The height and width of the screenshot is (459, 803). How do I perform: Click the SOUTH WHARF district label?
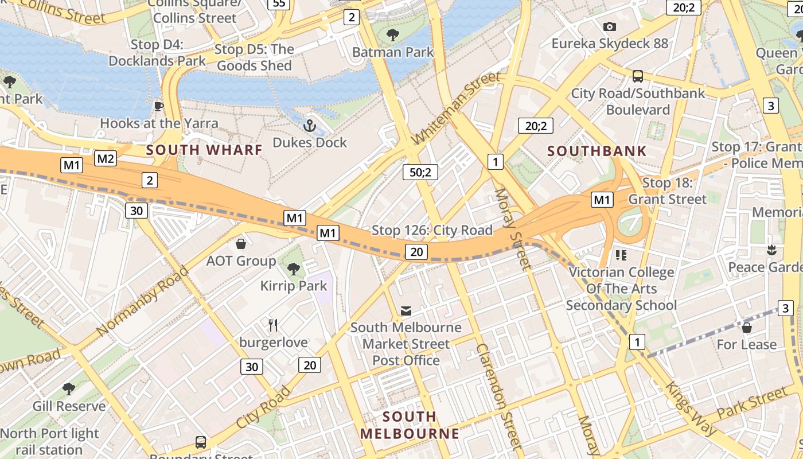[x=204, y=150]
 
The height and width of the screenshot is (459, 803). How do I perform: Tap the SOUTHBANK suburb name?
[x=597, y=151]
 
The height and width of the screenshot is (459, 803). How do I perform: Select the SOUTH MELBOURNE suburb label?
[x=410, y=425]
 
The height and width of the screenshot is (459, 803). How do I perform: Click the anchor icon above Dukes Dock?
[x=310, y=125]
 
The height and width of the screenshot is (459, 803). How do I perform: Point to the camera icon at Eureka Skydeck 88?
[x=609, y=26]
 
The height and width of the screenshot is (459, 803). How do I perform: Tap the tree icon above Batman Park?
[x=393, y=35]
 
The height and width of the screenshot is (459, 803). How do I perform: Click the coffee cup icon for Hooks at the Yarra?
[x=159, y=106]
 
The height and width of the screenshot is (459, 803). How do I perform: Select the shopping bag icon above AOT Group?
[x=241, y=244]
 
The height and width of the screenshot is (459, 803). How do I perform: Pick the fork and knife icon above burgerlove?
[x=273, y=325]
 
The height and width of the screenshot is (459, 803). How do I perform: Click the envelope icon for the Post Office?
[x=406, y=310]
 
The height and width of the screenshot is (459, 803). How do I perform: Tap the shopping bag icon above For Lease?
[x=746, y=328]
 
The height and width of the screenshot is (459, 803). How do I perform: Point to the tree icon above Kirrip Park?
[x=293, y=269]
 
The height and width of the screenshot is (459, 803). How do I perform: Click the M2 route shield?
[x=106, y=159]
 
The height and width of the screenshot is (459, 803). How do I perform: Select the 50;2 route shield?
[x=420, y=172]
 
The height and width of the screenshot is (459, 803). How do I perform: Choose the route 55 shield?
[x=279, y=3]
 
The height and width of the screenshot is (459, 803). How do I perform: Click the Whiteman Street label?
[x=457, y=108]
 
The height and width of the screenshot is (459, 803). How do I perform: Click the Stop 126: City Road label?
[x=432, y=231]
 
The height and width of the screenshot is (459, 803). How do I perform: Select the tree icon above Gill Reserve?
[x=69, y=389]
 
